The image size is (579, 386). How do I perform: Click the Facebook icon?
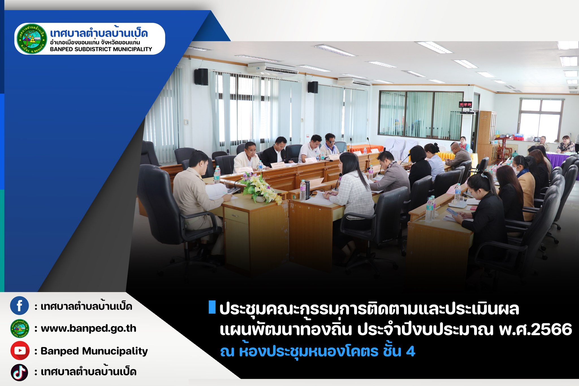20,306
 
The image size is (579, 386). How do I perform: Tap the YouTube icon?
20,350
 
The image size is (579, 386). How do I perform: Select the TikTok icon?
20,372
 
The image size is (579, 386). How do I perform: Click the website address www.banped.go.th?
88,329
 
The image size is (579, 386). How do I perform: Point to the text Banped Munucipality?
94,351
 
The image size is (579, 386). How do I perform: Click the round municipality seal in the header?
32,39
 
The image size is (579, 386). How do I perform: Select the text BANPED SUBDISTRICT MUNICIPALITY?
101,49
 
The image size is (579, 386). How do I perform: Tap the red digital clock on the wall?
465,104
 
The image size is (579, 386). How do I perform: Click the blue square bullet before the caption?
212,307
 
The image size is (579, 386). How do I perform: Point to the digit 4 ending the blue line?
411,351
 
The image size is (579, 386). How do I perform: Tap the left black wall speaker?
201,77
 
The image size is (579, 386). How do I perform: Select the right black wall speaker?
313,87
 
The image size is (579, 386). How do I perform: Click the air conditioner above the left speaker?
273,69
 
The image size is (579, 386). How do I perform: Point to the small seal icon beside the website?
20,328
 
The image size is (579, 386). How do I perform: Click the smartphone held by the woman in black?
451,212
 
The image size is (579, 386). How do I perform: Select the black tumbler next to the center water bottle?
307,189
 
